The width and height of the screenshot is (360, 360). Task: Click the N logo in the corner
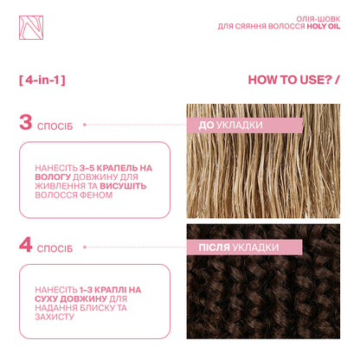[x=31, y=28]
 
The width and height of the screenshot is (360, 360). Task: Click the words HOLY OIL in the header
[x=324, y=26]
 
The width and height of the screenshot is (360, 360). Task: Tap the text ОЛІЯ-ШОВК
[x=318, y=19]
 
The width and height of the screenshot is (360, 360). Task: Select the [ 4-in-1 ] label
[x=42, y=80]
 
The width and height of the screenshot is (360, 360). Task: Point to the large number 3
[x=26, y=122]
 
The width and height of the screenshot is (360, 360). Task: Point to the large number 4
[x=26, y=245]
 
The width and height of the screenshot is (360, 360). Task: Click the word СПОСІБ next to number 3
[x=55, y=126]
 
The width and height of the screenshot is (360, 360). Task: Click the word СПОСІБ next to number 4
[x=55, y=248]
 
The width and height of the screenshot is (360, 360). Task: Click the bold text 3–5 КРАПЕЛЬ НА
[x=116, y=168]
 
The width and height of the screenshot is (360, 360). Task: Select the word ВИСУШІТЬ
[x=123, y=186]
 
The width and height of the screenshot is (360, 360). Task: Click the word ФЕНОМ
[x=96, y=195]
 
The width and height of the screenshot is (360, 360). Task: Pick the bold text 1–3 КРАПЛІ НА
[x=111, y=290]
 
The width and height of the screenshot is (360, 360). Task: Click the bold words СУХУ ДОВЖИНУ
[x=71, y=299]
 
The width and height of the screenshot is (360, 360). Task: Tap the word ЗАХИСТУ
[x=55, y=317]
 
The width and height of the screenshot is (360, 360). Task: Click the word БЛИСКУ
[x=97, y=308]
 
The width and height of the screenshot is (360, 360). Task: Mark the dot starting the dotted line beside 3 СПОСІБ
[x=85, y=125]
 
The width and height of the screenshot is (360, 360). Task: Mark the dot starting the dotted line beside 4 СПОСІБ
[x=85, y=247]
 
